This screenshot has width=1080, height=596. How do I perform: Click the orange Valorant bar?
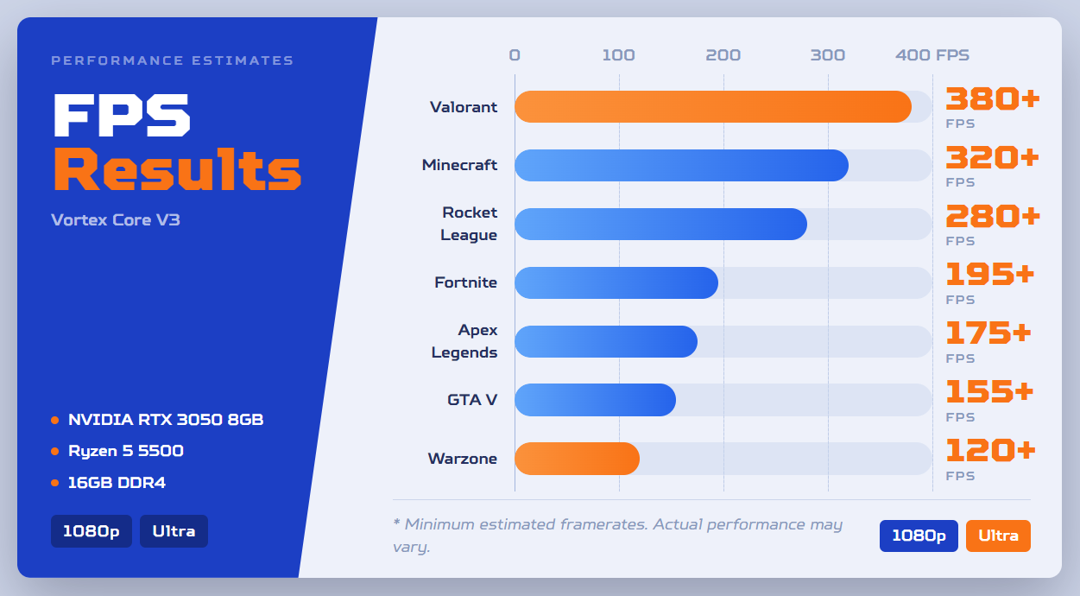713,106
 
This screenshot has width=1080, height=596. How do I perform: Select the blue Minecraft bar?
682,166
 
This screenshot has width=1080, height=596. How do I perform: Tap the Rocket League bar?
661,224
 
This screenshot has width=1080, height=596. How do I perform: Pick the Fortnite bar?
616,282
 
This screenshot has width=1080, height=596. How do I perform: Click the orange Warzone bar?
578,459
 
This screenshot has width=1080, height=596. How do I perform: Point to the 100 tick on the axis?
619,55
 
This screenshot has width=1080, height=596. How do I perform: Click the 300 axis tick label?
828,55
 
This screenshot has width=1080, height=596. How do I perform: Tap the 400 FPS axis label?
932,55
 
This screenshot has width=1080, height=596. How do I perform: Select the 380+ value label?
993,99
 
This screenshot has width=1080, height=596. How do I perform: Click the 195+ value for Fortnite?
990,274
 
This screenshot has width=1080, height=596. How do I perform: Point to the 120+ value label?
991,450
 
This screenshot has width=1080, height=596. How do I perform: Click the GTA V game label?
472,400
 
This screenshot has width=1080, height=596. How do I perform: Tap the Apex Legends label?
464,341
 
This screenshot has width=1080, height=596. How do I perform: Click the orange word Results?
178,169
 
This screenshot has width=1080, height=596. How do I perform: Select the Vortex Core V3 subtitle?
116,220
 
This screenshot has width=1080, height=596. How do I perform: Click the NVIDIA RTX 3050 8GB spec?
166,420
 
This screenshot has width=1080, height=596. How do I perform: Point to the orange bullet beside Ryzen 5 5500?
55,452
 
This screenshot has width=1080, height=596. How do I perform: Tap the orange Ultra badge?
998,536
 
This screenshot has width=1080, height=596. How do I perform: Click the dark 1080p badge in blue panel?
92,531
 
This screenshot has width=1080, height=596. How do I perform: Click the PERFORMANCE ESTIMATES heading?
172,60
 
